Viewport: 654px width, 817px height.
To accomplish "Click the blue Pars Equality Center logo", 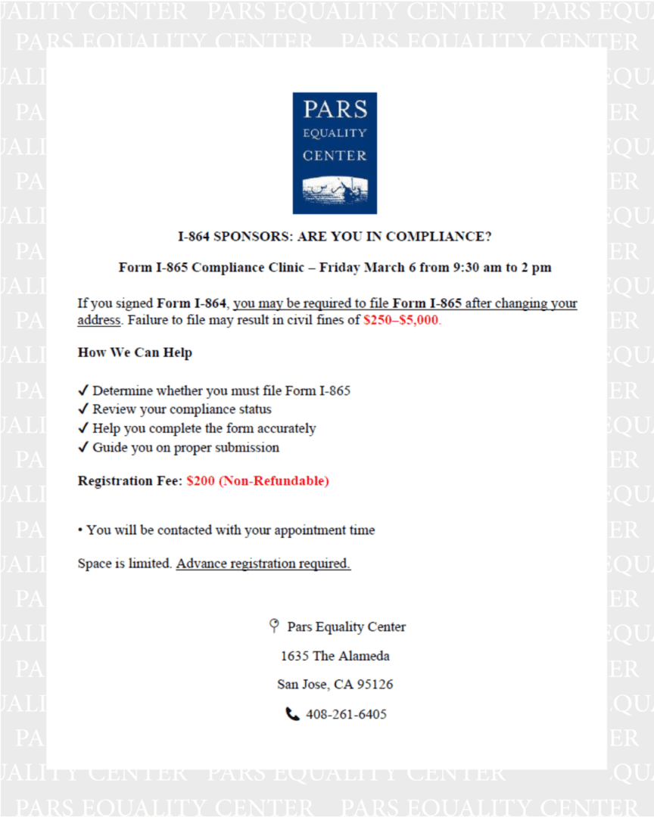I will pos(335,153).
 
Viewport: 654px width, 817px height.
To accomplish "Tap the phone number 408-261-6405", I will pos(346,714).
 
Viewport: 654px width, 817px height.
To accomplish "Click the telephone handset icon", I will pos(293,714).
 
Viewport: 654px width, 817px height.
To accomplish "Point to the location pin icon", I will pos(274,626).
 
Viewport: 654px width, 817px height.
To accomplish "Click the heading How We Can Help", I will pos(135,353).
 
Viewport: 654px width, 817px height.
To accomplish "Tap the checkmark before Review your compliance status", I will pos(83,409).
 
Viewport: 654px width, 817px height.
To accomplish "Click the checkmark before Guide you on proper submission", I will pos(83,447).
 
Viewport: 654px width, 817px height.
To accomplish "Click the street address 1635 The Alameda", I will pos(335,656).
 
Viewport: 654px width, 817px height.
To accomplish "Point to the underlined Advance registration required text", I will pos(263,564).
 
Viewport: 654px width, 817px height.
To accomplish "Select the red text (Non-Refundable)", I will pos(274,481).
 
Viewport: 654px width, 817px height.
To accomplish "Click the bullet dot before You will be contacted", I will pos(80,530).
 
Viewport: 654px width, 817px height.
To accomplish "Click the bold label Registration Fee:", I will pos(130,481).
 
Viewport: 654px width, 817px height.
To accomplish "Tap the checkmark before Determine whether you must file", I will pos(83,390).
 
